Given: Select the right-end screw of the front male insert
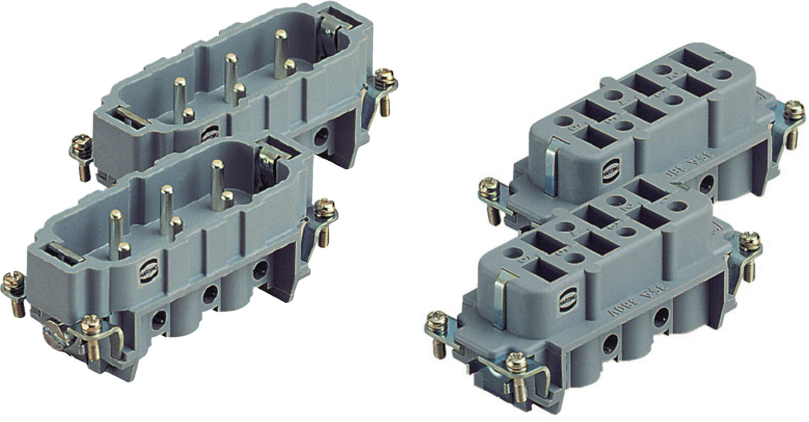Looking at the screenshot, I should click(325, 208).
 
